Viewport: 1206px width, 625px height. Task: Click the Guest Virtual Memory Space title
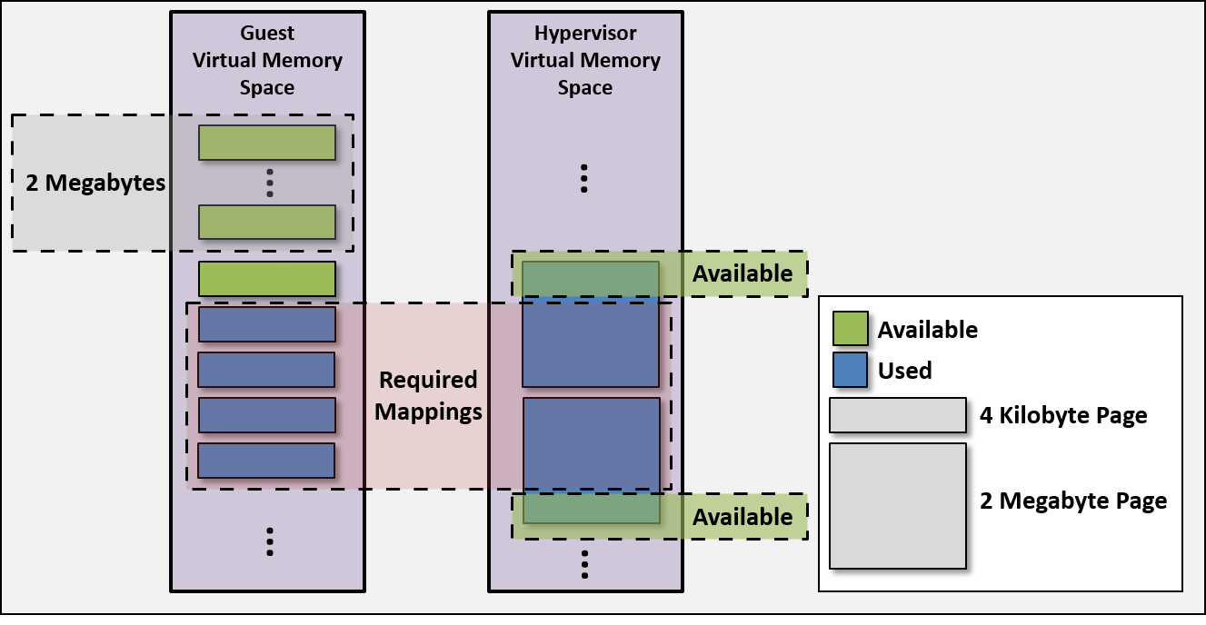[267, 61]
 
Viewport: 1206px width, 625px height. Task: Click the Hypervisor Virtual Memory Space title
[585, 61]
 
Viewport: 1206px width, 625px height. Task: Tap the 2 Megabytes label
[95, 183]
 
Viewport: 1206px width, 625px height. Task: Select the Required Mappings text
[428, 395]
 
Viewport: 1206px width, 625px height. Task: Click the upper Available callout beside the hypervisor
[743, 273]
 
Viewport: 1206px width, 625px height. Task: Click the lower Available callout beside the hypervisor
[743, 517]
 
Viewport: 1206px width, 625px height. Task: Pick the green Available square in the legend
[850, 329]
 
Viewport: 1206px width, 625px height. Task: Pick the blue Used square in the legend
[850, 370]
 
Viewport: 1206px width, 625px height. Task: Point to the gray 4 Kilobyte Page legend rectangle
[897, 415]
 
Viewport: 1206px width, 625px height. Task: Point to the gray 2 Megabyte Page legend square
[897, 505]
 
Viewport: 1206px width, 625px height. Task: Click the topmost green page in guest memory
[267, 143]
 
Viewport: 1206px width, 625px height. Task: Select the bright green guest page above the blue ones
[267, 279]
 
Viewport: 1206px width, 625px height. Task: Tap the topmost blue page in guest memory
[267, 324]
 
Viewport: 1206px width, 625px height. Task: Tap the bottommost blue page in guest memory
[267, 461]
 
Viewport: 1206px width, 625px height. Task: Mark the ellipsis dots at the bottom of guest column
[270, 541]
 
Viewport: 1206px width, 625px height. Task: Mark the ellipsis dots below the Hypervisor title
[584, 178]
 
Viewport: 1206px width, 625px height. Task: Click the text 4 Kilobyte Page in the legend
[1063, 416]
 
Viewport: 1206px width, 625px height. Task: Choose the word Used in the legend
[904, 371]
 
